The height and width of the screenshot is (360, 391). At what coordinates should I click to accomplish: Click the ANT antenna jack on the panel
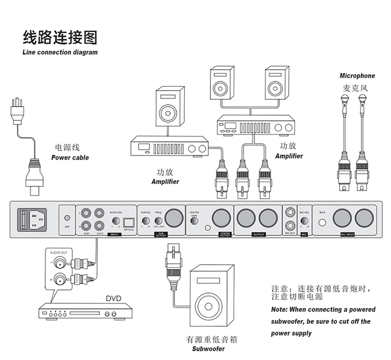(67, 218)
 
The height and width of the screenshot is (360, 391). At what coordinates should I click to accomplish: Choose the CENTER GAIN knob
(194, 221)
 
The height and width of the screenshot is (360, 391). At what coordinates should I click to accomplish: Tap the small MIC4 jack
(323, 223)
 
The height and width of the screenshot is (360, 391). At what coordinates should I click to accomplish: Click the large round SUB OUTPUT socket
(174, 218)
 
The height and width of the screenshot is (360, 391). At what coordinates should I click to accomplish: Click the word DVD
(114, 298)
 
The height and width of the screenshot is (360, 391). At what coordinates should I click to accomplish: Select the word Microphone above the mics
(357, 76)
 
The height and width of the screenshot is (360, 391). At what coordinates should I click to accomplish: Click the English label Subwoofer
(208, 349)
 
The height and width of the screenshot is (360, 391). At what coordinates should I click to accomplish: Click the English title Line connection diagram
(60, 52)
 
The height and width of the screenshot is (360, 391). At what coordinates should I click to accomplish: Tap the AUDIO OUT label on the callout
(59, 253)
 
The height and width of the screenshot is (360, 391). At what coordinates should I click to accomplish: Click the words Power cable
(70, 158)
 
